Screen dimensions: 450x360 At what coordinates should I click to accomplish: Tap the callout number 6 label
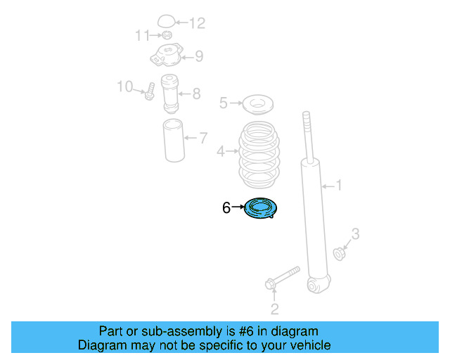(x=226, y=207)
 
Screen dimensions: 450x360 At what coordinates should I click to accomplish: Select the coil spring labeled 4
(x=259, y=155)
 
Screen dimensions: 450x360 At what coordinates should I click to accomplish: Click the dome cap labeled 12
(x=166, y=21)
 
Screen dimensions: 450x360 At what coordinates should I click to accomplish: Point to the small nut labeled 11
(x=167, y=35)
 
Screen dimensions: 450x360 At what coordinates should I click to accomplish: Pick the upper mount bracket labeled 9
(x=167, y=55)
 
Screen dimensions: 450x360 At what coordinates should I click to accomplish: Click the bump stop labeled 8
(x=170, y=94)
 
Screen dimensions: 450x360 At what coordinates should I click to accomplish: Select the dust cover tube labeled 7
(x=174, y=141)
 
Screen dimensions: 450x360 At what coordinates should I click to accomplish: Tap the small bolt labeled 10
(x=150, y=91)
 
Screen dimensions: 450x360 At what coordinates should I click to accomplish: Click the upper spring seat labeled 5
(x=258, y=105)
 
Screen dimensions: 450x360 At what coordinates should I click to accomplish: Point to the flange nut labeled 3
(x=339, y=254)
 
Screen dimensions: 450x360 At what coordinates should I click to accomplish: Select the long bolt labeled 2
(x=283, y=278)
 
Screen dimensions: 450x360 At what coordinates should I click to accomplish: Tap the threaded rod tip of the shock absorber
(x=307, y=114)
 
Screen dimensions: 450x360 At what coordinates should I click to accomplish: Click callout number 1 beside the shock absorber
(x=339, y=185)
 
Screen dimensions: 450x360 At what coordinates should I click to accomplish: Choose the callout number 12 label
(x=198, y=23)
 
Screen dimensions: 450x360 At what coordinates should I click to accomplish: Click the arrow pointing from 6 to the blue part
(x=238, y=207)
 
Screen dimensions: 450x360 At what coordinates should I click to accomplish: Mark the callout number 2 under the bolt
(x=275, y=309)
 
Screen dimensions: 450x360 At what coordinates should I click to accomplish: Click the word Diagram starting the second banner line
(x=103, y=345)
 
